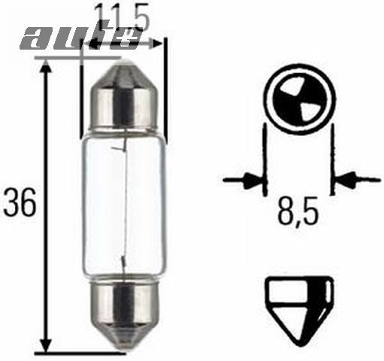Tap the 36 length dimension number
coord(20,204)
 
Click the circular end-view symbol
coord(298,97)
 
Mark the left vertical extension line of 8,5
coord(265,158)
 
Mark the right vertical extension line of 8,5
coord(331,158)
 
